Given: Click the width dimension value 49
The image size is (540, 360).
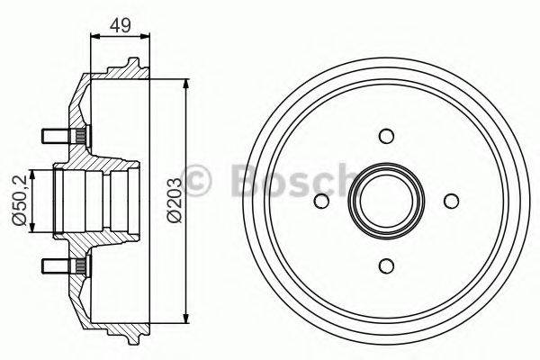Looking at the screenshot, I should (x=119, y=26).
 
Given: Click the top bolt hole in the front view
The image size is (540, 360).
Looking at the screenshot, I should (x=387, y=137).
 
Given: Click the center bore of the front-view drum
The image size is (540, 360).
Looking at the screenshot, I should (x=387, y=201).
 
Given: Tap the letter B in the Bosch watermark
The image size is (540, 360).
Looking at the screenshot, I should (x=244, y=179).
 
